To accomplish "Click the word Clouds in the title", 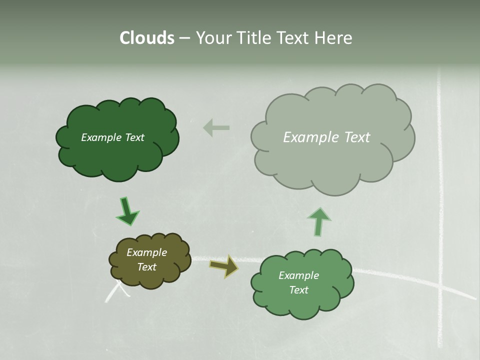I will click(146, 38).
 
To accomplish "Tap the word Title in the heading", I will click(249, 38).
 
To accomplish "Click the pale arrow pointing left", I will click(216, 127).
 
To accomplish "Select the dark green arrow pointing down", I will click(127, 211).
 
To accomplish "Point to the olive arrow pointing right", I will click(224, 266).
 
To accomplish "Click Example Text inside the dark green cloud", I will click(112, 137).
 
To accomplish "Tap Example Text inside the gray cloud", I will click(326, 137).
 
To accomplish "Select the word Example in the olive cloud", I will click(146, 252).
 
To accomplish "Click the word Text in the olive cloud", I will click(146, 267).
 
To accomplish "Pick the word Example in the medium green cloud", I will click(298, 275).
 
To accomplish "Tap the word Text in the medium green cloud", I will click(298, 290).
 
